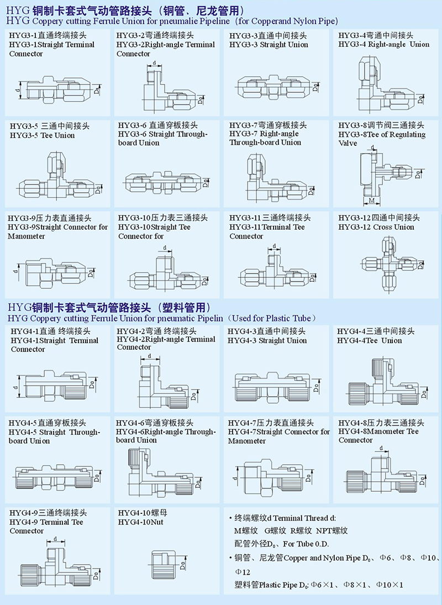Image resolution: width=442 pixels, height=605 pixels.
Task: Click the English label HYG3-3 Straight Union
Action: [x=269, y=44]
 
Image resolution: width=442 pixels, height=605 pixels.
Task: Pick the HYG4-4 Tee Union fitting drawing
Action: [x=382, y=384]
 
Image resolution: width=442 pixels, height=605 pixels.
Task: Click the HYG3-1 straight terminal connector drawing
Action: [x=55, y=88]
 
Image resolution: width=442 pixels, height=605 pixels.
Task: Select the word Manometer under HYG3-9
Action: [x=27, y=236]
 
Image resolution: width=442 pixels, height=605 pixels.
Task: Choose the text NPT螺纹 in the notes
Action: [x=331, y=530]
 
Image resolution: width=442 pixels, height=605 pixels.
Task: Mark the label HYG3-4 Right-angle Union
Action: [x=383, y=44]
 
